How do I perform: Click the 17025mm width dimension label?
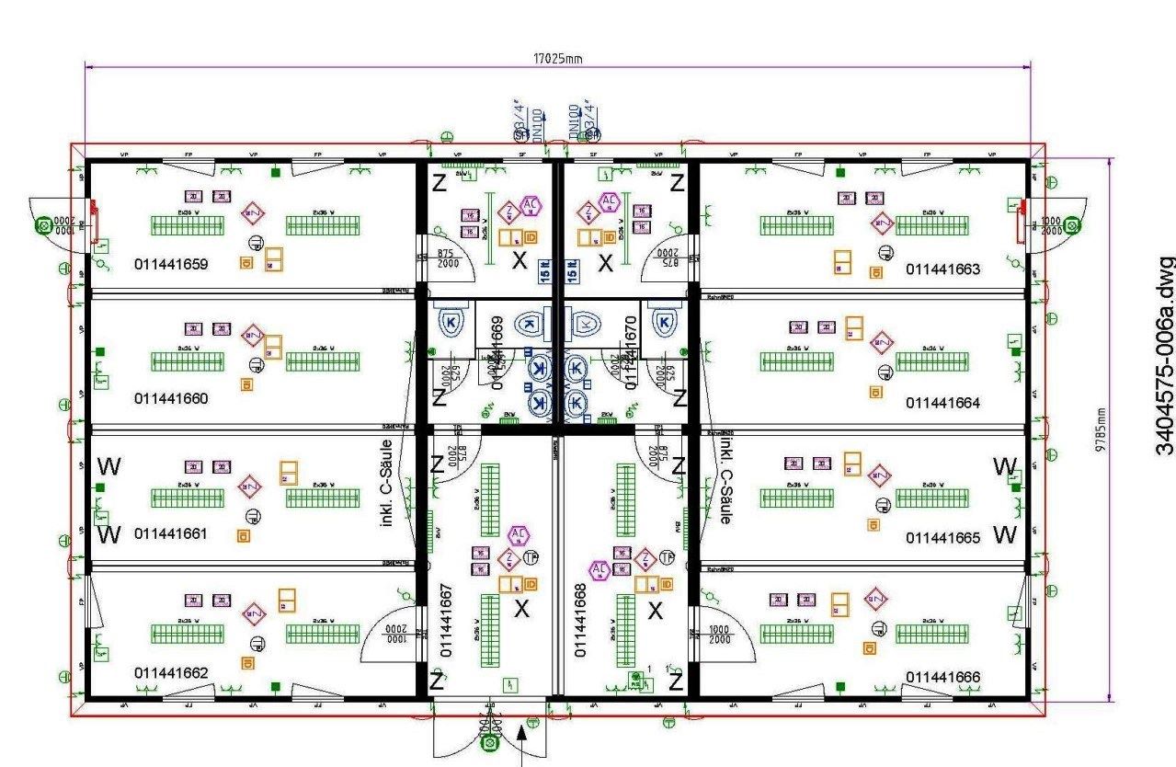pyautogui.click(x=558, y=58)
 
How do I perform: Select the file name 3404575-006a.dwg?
pyautogui.click(x=1163, y=355)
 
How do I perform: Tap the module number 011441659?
pyautogui.click(x=171, y=265)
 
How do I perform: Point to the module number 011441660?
pyautogui.click(x=171, y=399)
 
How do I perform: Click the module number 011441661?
pyautogui.click(x=171, y=534)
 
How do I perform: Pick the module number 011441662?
pyautogui.click(x=171, y=673)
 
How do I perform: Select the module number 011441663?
pyautogui.click(x=942, y=269)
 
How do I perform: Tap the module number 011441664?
pyautogui.click(x=942, y=403)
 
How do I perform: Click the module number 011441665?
pyautogui.click(x=942, y=538)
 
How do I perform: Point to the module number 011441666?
pyautogui.click(x=942, y=678)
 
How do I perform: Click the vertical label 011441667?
pyautogui.click(x=446, y=620)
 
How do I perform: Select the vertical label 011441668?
pyautogui.click(x=580, y=620)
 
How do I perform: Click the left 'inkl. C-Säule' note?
pyautogui.click(x=386, y=483)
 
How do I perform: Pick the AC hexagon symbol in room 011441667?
pyautogui.click(x=518, y=535)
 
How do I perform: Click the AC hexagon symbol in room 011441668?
pyautogui.click(x=600, y=570)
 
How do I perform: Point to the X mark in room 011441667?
pyautogui.click(x=521, y=609)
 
